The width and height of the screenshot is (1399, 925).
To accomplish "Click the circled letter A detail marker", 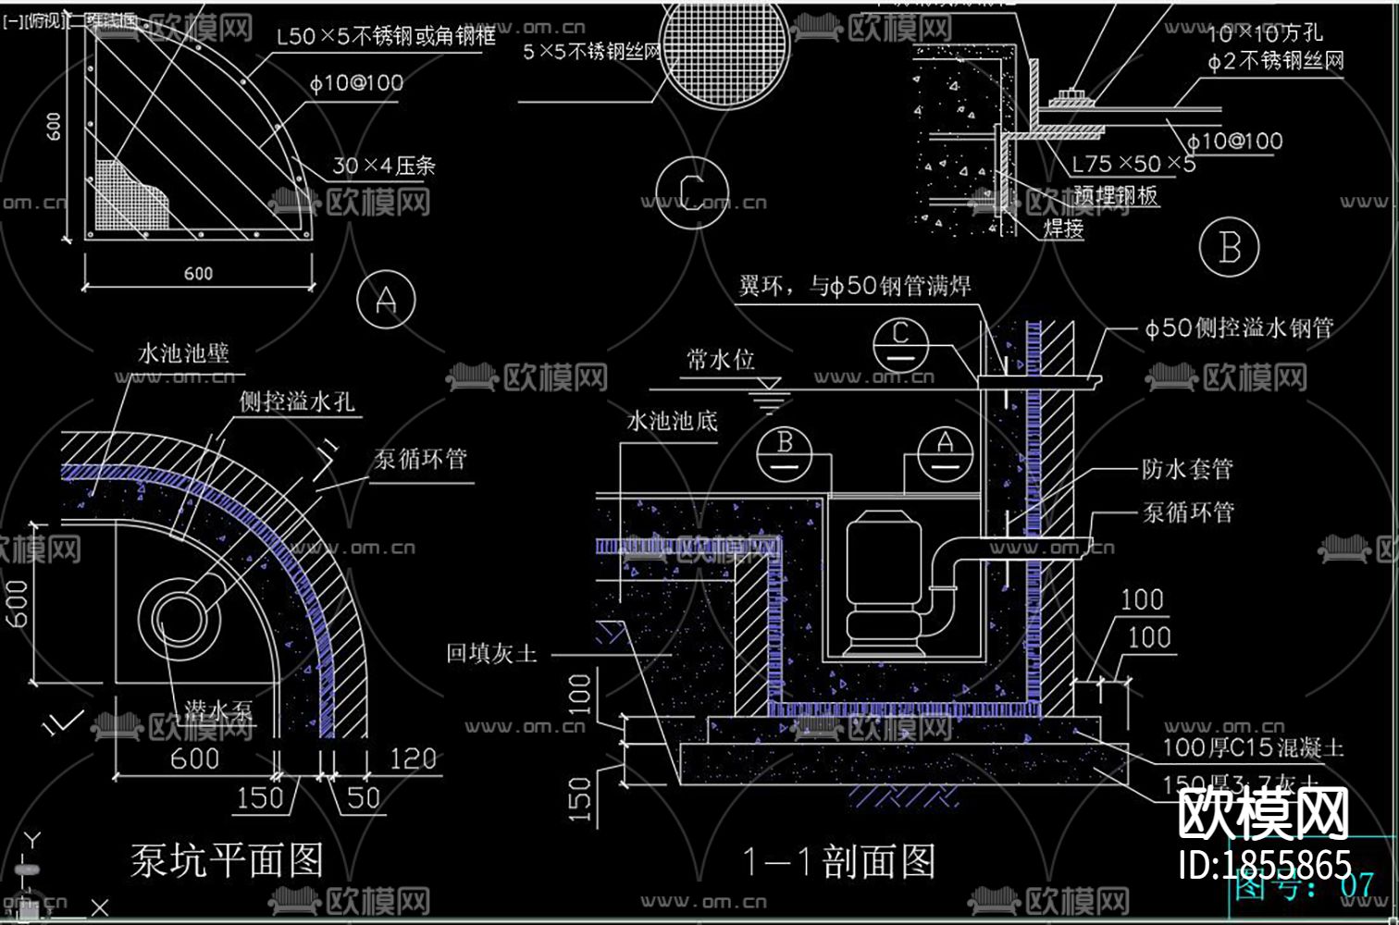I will (386, 299).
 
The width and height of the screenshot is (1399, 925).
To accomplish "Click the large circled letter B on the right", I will (1230, 248).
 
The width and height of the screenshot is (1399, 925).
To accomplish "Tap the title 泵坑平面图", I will (227, 860).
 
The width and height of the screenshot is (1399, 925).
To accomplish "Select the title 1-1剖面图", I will (838, 862).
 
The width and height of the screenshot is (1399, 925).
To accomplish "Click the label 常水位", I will (720, 360).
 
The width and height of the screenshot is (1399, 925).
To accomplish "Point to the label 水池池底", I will (672, 422).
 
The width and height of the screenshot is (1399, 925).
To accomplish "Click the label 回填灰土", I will (491, 653).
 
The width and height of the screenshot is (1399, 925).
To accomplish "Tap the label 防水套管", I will (1187, 469).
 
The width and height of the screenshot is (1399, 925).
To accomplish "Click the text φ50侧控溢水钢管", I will (1238, 327).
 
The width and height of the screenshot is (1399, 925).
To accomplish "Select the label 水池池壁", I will (182, 353).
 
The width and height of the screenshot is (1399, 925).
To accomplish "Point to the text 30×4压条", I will (383, 166).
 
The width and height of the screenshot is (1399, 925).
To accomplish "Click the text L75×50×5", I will (1133, 165).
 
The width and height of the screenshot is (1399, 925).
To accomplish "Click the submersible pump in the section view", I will (884, 583).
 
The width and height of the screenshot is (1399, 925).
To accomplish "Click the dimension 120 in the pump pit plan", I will (412, 759).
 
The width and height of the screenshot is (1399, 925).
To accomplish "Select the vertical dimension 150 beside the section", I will (580, 798).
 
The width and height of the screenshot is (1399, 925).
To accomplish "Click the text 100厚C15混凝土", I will (1252, 747).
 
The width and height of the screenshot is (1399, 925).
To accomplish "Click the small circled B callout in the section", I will (785, 451).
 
